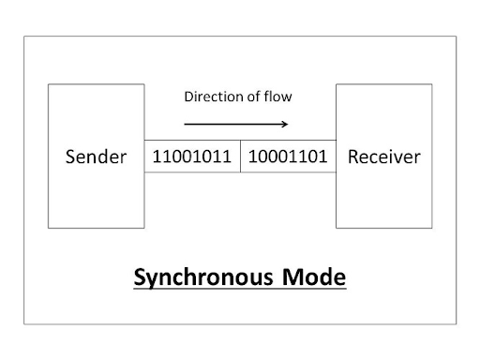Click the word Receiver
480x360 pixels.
click(x=383, y=157)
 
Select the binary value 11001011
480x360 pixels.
click(x=192, y=157)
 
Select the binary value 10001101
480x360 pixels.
click(x=289, y=157)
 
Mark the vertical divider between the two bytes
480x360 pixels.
click(x=241, y=157)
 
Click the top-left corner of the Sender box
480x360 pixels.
click(x=48, y=83)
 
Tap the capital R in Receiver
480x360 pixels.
click(x=352, y=157)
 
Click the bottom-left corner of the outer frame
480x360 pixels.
click(x=24, y=323)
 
